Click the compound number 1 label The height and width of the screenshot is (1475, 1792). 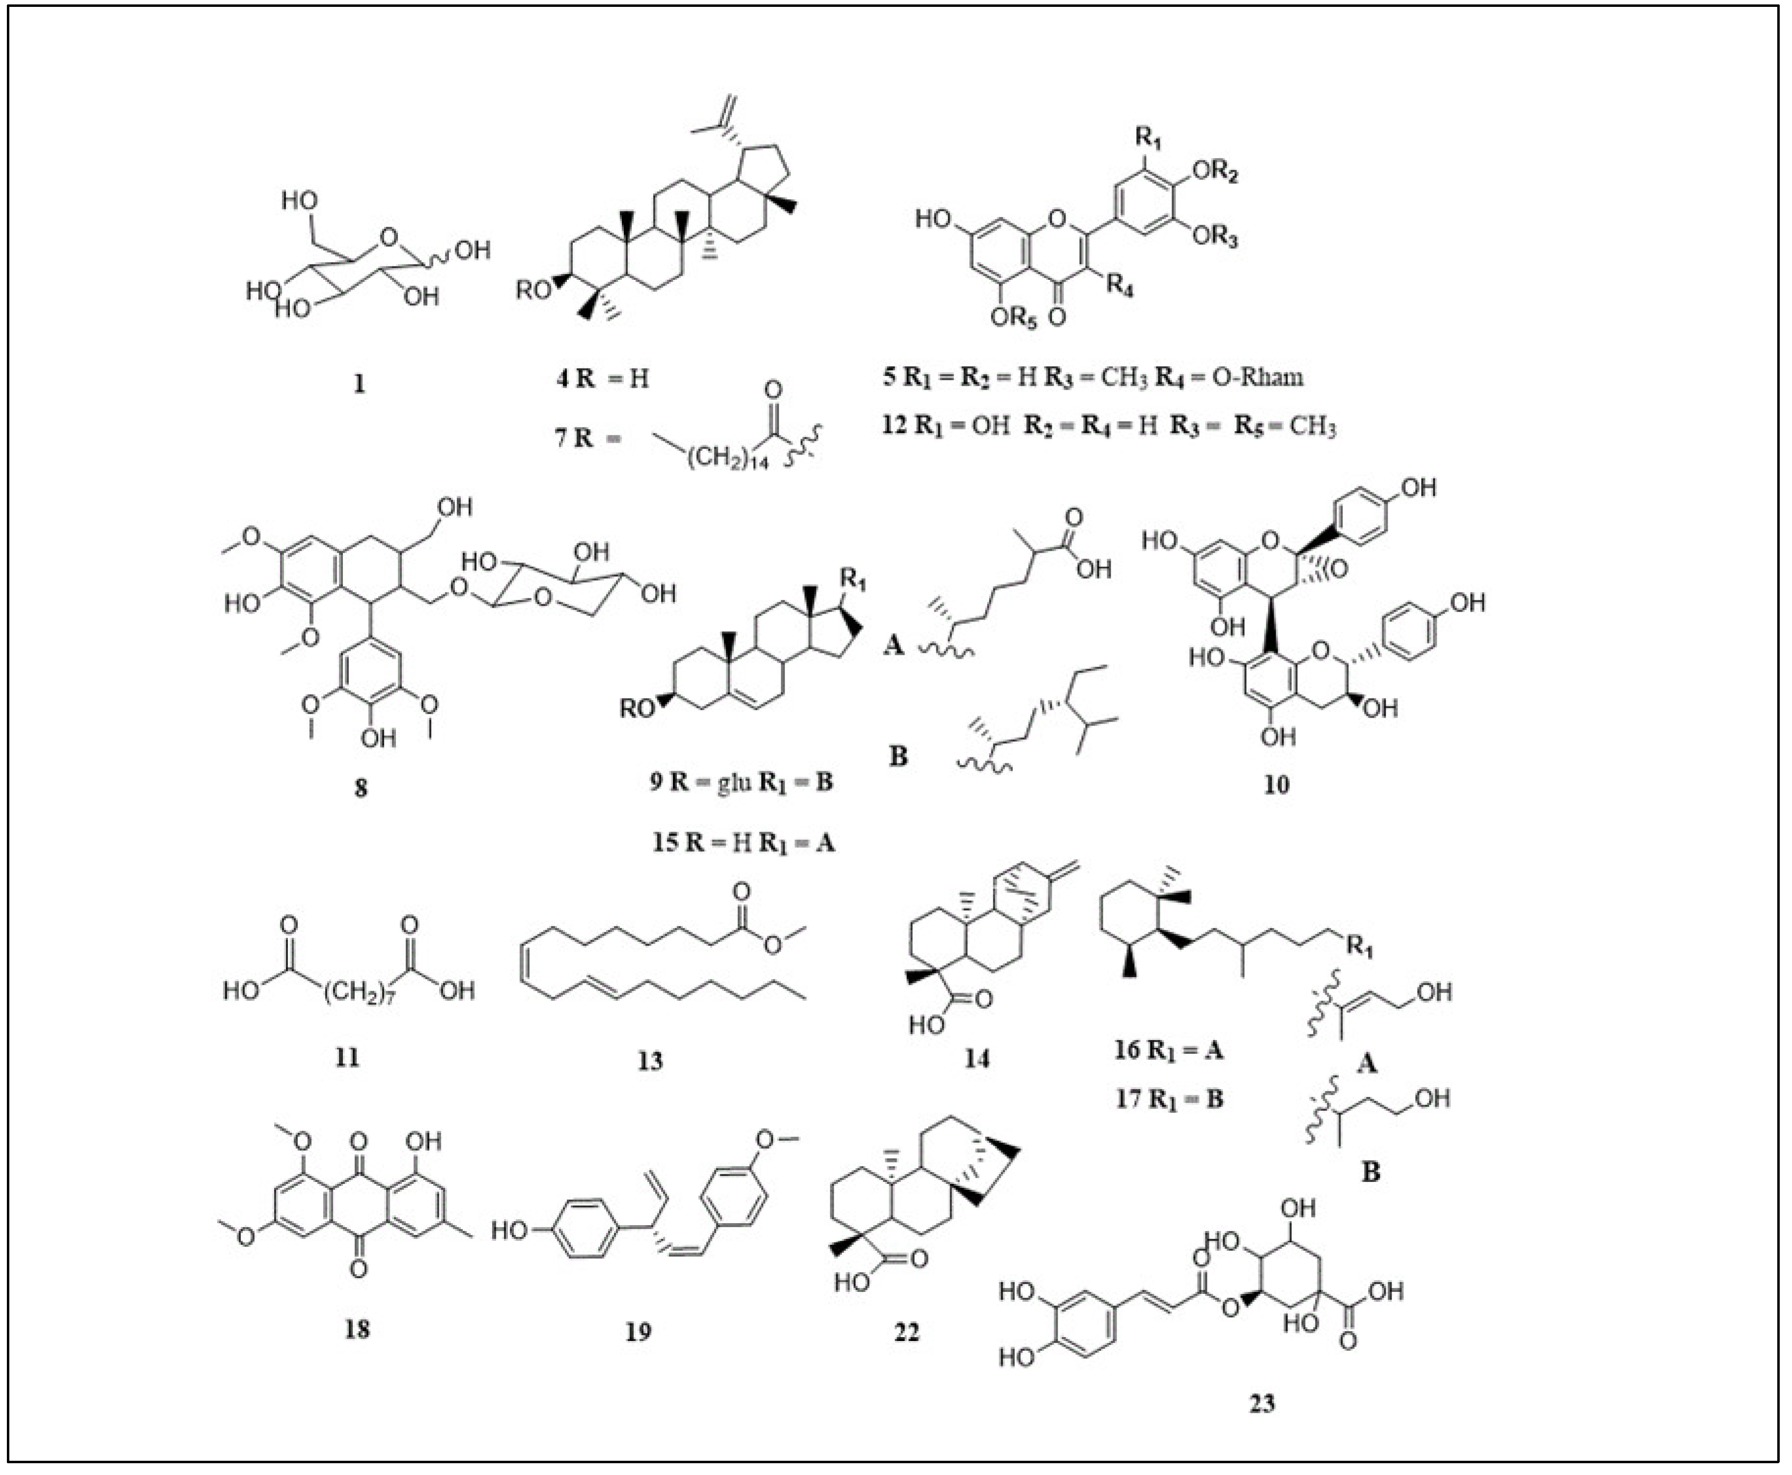359,384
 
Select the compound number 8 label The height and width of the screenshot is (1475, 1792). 361,788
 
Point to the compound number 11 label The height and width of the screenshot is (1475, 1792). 347,1057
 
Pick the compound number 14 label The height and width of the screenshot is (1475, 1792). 976,1058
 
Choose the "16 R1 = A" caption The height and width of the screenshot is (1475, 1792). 1169,1050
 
